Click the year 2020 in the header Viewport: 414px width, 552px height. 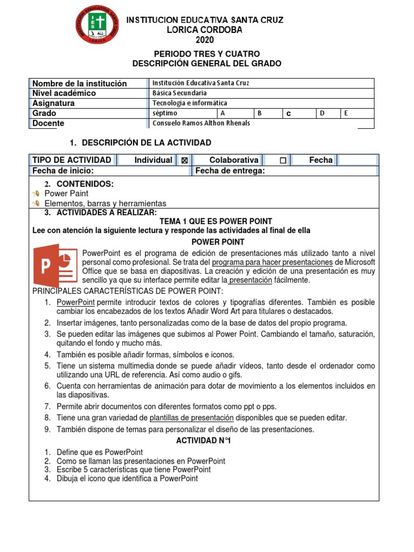click(204, 40)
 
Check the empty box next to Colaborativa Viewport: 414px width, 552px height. click(283, 160)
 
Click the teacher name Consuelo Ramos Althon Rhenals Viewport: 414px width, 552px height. click(201, 123)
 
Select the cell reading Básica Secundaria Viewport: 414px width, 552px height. click(180, 93)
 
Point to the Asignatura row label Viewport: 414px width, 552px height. click(53, 103)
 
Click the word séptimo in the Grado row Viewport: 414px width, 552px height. click(165, 113)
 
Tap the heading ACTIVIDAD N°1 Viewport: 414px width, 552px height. click(204, 440)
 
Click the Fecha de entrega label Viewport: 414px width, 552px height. click(230, 171)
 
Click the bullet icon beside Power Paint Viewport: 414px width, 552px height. click(36, 193)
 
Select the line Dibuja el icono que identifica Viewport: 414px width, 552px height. click(127, 478)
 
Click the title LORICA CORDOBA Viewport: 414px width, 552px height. click(204, 30)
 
